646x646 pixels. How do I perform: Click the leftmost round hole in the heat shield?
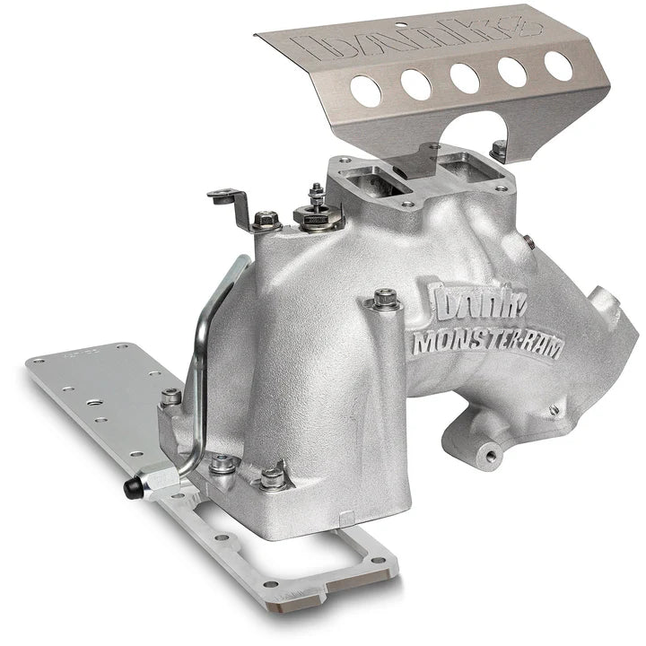[x=364, y=88]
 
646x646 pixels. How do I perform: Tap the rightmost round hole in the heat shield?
[x=558, y=65]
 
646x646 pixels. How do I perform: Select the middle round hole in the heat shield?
[x=463, y=76]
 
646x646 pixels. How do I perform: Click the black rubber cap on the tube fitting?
[x=132, y=489]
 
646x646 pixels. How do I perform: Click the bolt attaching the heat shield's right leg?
[x=498, y=146]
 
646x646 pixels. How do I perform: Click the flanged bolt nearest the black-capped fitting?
[x=221, y=464]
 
